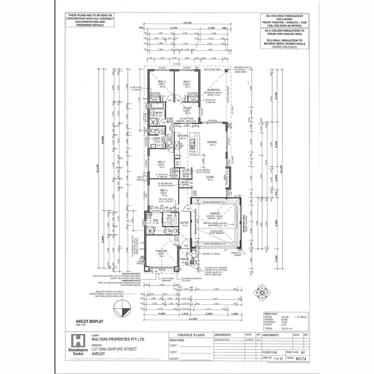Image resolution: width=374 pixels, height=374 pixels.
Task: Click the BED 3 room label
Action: tap(162, 82)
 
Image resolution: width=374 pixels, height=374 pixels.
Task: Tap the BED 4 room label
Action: tap(187, 82)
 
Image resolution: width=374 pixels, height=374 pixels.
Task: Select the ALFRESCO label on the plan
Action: tap(214, 90)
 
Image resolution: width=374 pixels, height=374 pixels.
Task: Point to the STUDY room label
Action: tap(187, 108)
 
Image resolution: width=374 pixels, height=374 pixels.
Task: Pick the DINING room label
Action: tap(212, 142)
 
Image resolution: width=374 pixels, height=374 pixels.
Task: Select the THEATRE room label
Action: tap(161, 251)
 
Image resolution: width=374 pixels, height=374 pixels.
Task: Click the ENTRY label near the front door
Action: tap(185, 223)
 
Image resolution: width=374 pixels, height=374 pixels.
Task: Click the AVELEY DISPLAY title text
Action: tap(89, 321)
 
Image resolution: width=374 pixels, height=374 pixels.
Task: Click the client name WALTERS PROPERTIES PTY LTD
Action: tap(118, 340)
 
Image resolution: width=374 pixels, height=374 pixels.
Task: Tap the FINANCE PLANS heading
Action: tap(191, 335)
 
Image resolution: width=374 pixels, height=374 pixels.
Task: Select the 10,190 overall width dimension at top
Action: tap(187, 23)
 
